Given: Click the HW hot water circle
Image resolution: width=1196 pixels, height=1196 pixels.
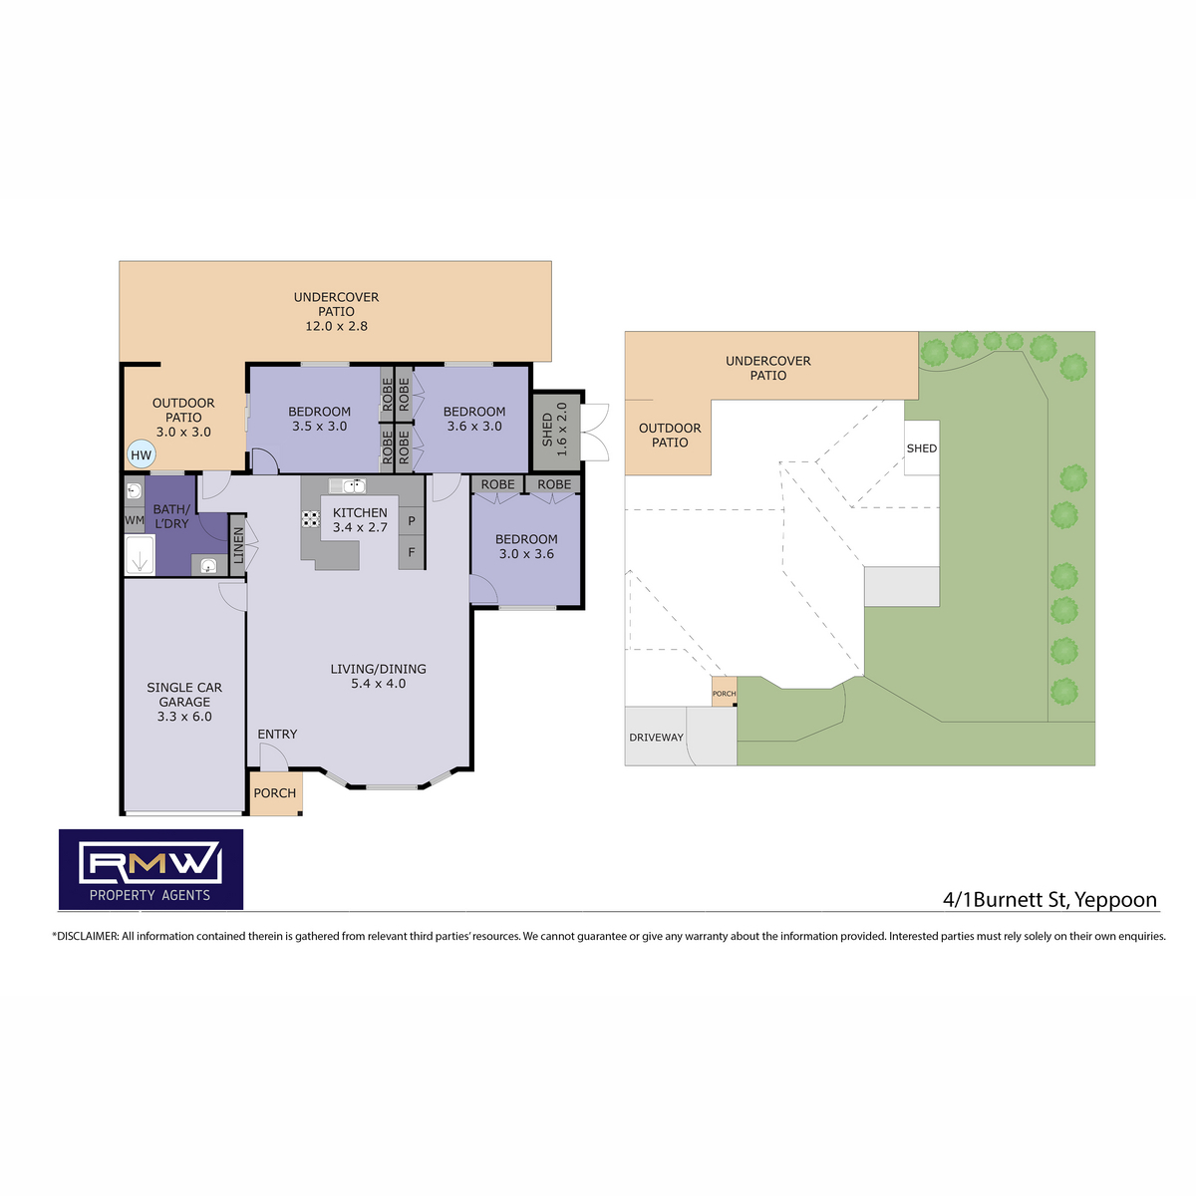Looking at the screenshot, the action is (141, 454).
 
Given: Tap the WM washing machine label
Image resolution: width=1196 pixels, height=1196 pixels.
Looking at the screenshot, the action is (135, 520).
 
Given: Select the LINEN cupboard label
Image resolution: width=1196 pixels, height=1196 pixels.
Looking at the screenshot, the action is (238, 545).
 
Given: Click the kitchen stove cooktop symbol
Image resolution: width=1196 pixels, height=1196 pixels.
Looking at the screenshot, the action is (310, 519).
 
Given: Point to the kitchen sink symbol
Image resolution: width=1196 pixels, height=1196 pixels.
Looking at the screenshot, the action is (347, 485).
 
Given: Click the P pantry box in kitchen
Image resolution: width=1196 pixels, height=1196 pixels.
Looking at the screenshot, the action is (411, 521).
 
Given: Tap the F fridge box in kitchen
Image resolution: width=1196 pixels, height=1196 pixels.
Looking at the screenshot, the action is (411, 552).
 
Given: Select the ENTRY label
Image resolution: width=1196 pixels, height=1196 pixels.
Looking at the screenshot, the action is (277, 735).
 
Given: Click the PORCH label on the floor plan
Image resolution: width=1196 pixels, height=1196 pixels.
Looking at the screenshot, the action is (274, 793).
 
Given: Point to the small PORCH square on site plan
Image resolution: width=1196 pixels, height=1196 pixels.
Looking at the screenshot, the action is (724, 692).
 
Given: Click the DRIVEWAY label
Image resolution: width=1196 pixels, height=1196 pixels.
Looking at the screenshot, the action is (656, 738).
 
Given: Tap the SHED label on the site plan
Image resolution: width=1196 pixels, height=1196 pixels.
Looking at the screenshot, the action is (921, 448).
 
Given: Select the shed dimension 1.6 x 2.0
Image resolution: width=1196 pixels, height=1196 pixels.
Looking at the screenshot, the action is (562, 429).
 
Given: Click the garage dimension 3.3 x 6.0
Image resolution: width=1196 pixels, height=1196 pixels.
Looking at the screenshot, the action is (184, 717).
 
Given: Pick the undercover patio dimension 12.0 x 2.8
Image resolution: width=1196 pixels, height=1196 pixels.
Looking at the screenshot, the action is (336, 326).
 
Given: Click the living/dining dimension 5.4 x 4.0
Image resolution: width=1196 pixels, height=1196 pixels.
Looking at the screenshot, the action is (378, 684).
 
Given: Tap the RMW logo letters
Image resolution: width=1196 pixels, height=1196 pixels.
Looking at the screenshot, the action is (150, 862).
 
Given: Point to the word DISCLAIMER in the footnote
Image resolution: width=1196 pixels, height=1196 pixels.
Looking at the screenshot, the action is (87, 936).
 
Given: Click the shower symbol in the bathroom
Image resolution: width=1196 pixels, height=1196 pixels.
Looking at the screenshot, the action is (140, 554).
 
